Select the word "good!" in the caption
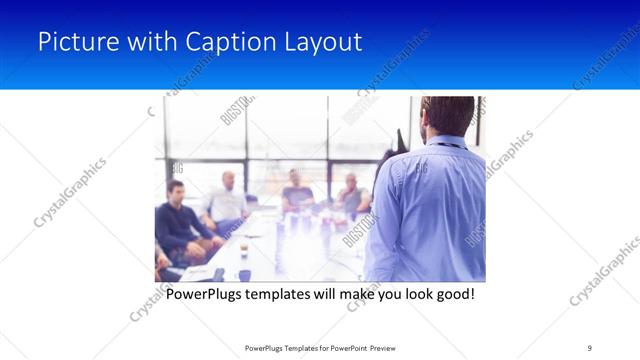pos(452,295)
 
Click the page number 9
pos(590,348)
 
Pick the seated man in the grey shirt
pos(351,194)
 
